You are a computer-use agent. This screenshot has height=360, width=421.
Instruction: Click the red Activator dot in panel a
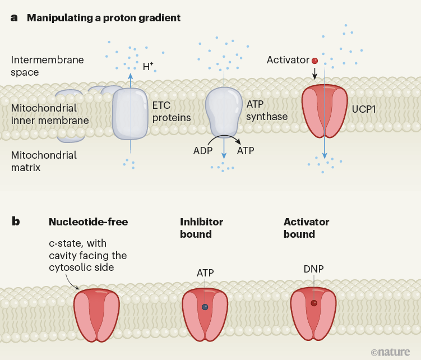[314, 60]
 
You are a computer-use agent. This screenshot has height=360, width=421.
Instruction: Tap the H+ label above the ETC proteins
[148, 67]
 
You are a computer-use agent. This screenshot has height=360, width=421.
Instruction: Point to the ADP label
[202, 150]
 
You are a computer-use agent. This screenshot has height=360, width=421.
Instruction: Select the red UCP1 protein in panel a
[325, 111]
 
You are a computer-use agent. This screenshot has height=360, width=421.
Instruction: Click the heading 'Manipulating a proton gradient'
[104, 17]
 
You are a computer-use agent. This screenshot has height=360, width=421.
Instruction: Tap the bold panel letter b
[16, 221]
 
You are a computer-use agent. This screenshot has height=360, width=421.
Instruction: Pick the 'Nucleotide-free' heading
[89, 222]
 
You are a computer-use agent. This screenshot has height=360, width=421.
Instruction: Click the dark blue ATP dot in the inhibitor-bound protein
[205, 307]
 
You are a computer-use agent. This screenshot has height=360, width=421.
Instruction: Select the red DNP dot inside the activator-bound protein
[314, 303]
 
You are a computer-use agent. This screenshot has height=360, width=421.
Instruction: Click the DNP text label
[313, 269]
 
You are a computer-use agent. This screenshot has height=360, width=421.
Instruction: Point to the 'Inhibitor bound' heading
[201, 228]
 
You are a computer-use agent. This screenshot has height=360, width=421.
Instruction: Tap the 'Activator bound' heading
[306, 228]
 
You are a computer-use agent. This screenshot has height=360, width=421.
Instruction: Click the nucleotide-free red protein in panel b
[97, 315]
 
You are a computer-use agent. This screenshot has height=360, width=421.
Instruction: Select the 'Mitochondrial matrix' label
[44, 160]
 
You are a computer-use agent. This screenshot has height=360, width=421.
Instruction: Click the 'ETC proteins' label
[172, 111]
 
